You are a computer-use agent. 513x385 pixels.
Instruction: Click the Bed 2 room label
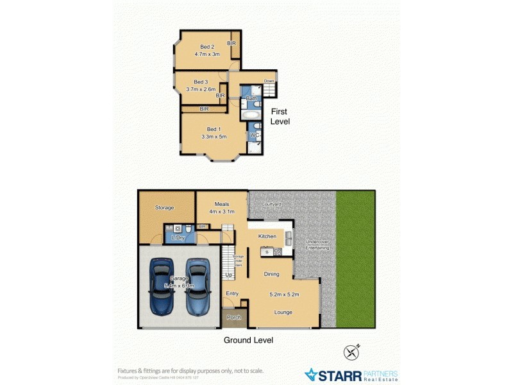206,47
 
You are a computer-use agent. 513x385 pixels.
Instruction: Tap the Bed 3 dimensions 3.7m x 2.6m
201,89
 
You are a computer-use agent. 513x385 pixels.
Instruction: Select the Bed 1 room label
213,129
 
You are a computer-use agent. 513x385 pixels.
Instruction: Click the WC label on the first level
254,135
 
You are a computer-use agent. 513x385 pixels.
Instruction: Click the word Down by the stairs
269,81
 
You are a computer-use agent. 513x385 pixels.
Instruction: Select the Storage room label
165,208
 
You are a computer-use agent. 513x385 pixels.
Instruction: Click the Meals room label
222,204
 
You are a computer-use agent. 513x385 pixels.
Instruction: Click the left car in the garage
160,285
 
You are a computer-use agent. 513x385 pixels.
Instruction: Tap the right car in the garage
198,285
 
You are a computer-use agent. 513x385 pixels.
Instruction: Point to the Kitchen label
267,236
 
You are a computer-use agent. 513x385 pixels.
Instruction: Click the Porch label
233,317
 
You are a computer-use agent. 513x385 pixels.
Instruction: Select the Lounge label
283,312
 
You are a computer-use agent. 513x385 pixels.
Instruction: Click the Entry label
232,293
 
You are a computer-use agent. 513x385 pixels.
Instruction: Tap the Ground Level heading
248,340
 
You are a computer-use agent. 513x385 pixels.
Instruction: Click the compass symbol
351,352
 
